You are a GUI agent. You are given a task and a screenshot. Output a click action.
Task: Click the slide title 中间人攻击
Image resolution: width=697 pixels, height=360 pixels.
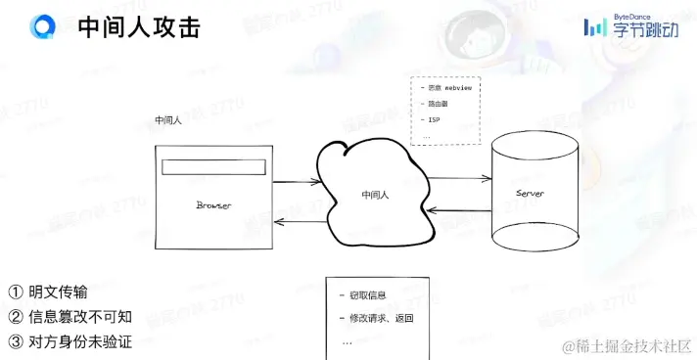pyautogui.click(x=139, y=28)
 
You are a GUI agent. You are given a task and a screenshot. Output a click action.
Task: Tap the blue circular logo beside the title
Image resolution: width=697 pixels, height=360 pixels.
pyautogui.click(x=44, y=27)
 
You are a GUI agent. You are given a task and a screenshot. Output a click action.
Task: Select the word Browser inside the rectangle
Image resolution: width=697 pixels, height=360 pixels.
pyautogui.click(x=213, y=205)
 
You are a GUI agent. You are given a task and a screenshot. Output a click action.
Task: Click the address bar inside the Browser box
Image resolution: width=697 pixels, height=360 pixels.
pyautogui.click(x=212, y=167)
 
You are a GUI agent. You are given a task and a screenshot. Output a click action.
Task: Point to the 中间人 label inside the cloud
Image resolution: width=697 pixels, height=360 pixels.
pyautogui.click(x=375, y=195)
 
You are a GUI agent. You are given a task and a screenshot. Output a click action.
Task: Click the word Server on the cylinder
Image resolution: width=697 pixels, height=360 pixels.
pyautogui.click(x=530, y=194)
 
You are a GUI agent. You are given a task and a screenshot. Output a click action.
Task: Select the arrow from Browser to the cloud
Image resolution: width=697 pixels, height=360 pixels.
pyautogui.click(x=298, y=183)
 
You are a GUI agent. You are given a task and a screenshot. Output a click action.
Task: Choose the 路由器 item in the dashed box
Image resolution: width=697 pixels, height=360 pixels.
pyautogui.click(x=438, y=104)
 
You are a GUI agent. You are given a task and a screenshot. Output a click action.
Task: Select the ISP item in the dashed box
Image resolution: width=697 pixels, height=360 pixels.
pyautogui.click(x=435, y=119)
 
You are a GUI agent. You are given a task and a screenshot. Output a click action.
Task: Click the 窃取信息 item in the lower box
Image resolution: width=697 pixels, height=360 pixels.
pyautogui.click(x=368, y=294)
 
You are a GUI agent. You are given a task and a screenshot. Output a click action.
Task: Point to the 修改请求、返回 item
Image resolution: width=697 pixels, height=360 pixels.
pyautogui.click(x=382, y=320)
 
